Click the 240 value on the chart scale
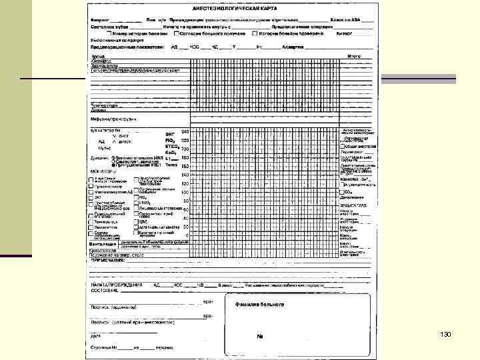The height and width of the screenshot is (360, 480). (x=185, y=131)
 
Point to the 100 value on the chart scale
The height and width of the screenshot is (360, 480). (x=185, y=192)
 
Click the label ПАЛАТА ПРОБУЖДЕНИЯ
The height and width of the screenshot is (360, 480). (x=116, y=284)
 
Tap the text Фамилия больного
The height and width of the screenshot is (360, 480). (x=259, y=303)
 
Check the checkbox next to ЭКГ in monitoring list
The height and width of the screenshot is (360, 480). (x=93, y=197)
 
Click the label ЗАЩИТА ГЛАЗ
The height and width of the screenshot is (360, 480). (x=353, y=205)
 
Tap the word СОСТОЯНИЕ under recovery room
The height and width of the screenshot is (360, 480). (x=105, y=291)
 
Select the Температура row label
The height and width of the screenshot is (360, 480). (x=105, y=105)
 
